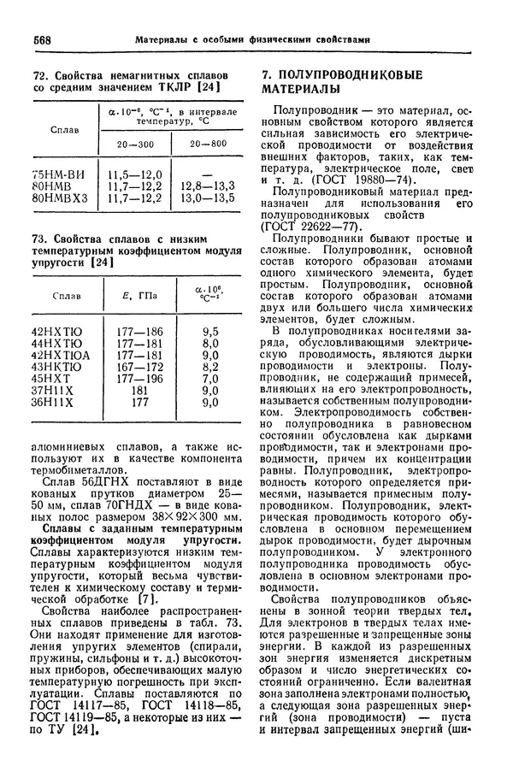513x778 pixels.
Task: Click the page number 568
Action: [42, 39]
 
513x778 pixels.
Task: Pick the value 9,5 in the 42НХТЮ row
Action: [209, 330]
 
